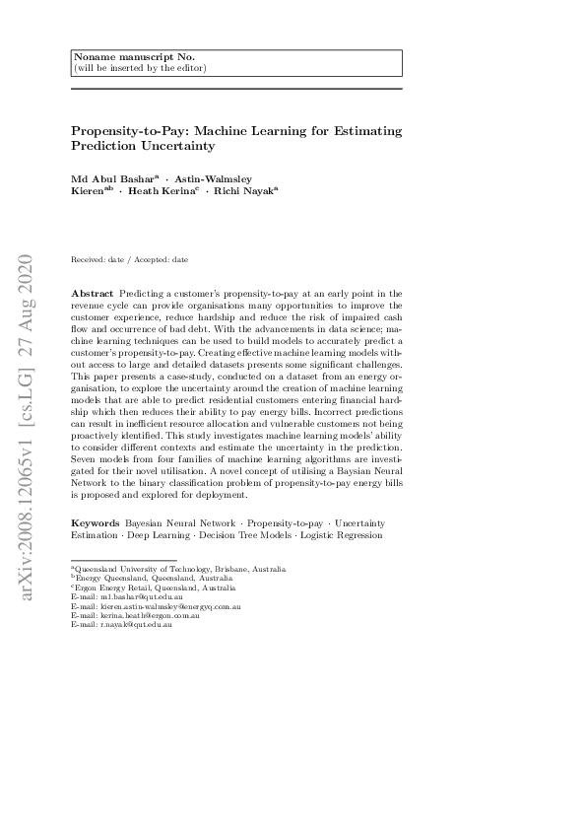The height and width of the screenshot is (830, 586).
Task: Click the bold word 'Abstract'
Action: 92,295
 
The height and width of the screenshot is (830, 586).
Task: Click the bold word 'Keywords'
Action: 96,522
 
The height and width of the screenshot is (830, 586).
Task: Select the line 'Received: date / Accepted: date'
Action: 129,259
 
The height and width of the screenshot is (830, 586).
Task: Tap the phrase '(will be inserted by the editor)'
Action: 139,68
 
